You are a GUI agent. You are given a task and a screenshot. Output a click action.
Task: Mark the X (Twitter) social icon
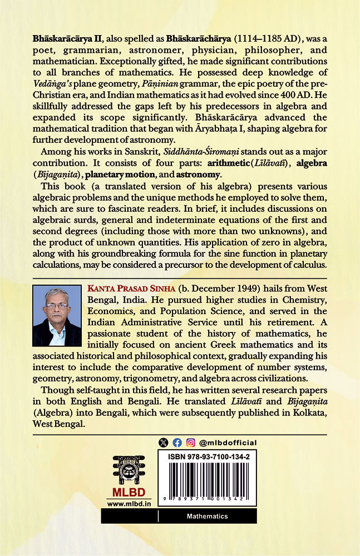163,443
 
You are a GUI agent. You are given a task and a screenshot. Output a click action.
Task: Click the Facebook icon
177,443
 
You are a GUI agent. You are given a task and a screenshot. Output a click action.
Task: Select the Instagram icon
191,443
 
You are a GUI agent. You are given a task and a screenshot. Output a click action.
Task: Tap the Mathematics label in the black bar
207,517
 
